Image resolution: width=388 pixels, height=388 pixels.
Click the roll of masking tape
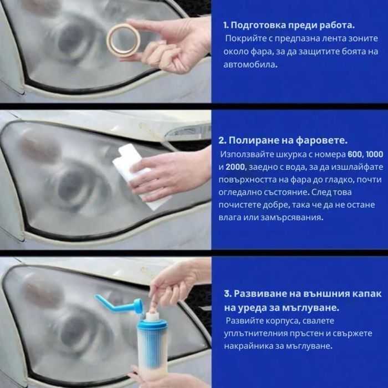[124, 39]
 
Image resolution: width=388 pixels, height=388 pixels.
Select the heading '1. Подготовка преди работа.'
[289, 25]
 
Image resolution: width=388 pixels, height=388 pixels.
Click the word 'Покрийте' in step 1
[244, 38]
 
